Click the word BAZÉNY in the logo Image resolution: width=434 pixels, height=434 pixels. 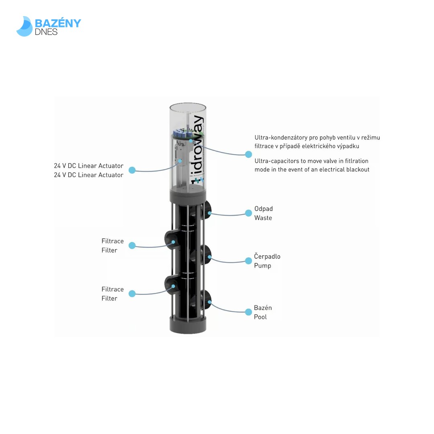tap(58, 23)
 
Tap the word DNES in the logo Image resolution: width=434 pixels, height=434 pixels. tap(46, 32)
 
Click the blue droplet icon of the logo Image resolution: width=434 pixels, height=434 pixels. tap(24, 27)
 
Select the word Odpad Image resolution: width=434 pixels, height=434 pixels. tap(263, 209)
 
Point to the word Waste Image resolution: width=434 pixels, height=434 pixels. tap(263, 218)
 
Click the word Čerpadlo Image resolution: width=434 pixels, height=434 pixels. tap(267, 256)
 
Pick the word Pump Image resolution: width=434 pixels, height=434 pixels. tap(262, 266)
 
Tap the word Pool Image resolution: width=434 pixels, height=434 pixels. tap(260, 317)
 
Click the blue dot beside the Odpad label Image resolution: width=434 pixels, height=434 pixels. tap(248, 213)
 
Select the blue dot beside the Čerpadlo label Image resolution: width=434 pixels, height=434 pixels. tap(248, 260)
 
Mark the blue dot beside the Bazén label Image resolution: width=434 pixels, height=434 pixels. tap(248, 312)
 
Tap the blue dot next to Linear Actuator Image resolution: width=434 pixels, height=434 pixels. tap(132, 170)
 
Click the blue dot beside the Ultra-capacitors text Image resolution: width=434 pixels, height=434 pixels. tap(248, 154)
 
